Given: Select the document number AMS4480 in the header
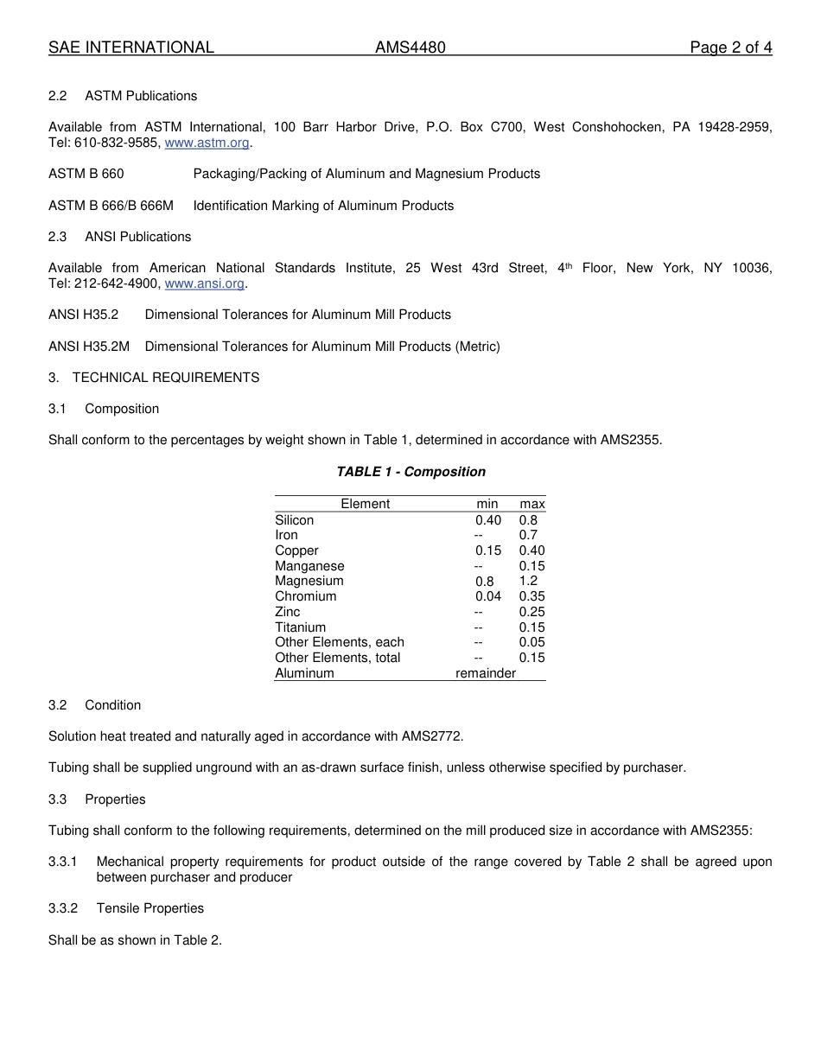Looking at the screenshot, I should [410, 48].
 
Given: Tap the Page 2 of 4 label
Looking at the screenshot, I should [730, 48].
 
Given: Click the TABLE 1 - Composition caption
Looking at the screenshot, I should [410, 472].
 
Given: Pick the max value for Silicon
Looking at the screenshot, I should [528, 520].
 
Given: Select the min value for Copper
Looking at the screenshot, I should [488, 551].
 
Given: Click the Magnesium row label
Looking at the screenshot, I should [309, 581].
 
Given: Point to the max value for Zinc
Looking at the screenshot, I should [531, 612].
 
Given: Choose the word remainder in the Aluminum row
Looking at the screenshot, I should [486, 673].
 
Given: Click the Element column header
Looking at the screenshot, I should [365, 504].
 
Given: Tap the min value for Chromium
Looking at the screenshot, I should [488, 596].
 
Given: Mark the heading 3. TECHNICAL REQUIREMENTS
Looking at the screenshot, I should [154, 378].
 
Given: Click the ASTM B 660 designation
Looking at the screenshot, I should [86, 174].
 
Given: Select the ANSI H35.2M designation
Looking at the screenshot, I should [89, 347].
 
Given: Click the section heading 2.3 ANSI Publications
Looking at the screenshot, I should [120, 237].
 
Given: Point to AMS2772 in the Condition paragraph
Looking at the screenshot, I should [432, 736].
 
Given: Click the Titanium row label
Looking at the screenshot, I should [301, 627].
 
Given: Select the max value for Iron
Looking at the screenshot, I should [528, 535].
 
